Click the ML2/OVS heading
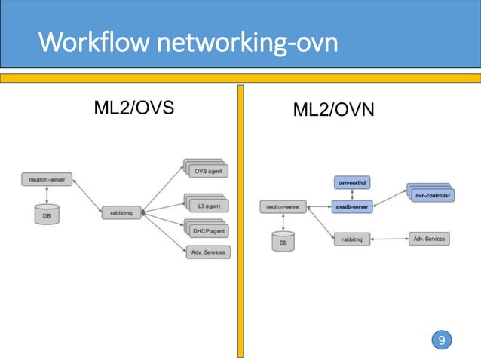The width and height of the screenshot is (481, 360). (x=133, y=108)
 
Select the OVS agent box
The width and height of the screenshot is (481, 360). (x=207, y=171)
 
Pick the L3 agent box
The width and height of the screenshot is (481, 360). (x=207, y=205)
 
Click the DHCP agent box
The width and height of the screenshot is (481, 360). (x=207, y=231)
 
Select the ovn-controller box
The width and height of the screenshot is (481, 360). (x=433, y=196)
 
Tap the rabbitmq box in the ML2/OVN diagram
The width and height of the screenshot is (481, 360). (x=352, y=239)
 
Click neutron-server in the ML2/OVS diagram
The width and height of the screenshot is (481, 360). (x=46, y=180)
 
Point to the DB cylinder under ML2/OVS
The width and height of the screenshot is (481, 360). (x=47, y=215)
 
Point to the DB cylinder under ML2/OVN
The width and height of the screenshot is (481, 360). (x=283, y=243)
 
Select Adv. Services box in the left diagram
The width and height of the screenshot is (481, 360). (x=207, y=252)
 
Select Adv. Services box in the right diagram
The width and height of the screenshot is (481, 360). (x=429, y=239)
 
